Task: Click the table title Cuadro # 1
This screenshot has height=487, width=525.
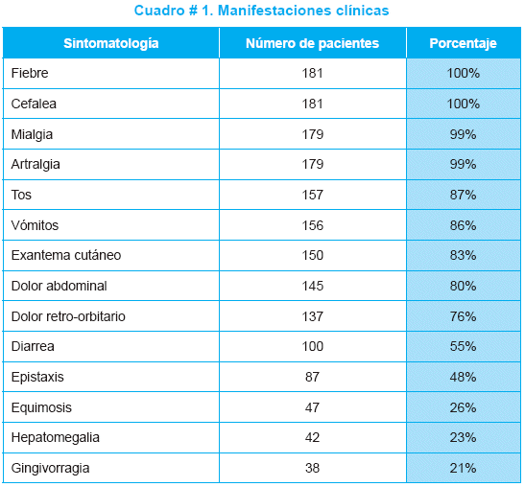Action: click(261, 11)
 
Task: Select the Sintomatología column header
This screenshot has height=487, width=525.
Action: click(111, 43)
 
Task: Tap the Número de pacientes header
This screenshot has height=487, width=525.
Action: click(312, 43)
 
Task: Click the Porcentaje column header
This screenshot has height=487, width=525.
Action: click(463, 43)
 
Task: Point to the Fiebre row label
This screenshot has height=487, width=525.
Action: click(30, 73)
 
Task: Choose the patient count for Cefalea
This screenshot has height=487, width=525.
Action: click(312, 104)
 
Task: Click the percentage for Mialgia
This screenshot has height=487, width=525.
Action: click(463, 134)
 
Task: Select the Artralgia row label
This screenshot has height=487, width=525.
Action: click(36, 165)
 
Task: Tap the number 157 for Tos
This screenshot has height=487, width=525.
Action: click(312, 195)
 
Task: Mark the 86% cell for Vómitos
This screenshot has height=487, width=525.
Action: click(463, 225)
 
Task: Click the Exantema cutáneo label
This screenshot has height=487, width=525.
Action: click(66, 255)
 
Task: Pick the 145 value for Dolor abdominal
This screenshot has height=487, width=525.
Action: click(312, 286)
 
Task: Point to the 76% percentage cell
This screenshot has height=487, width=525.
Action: click(463, 316)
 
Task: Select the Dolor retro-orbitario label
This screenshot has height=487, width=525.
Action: click(68, 316)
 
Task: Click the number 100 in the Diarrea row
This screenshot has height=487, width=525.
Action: click(312, 346)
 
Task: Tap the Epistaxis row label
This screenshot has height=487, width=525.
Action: click(37, 378)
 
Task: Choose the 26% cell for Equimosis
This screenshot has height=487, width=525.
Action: click(463, 407)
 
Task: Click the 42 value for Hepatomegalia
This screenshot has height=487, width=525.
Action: click(312, 437)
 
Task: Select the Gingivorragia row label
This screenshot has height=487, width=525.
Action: click(50, 468)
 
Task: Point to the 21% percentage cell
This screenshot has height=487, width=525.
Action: click(463, 468)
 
